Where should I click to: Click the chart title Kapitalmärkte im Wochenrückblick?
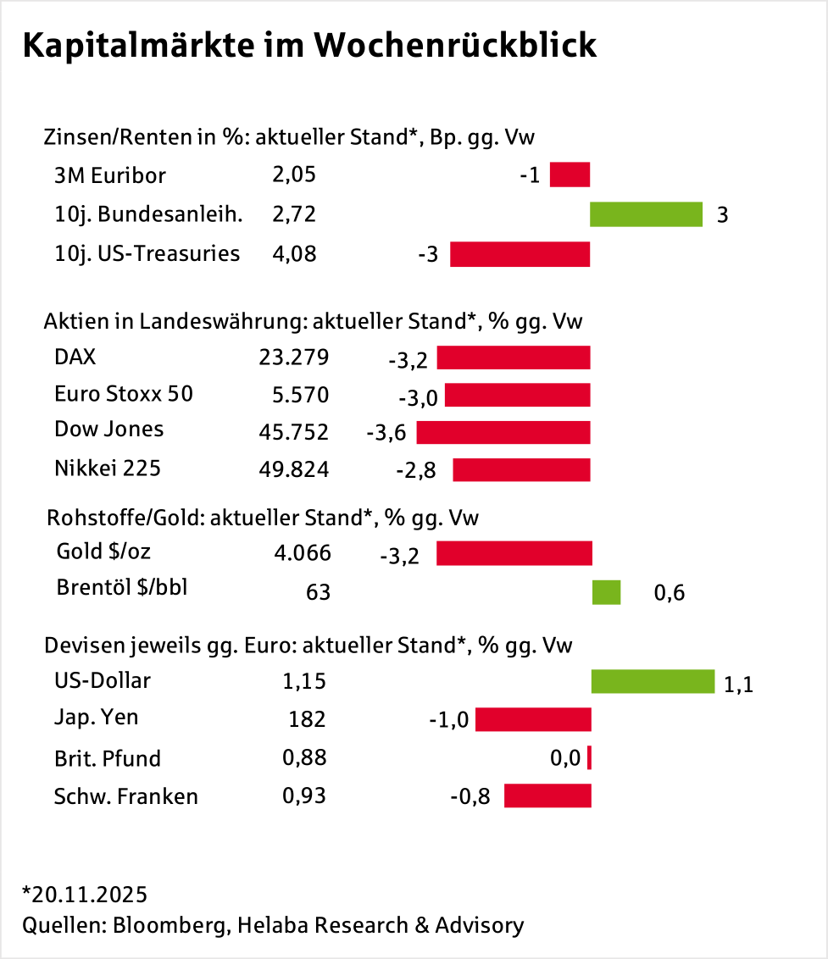click(309, 47)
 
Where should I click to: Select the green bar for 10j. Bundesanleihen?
click(646, 214)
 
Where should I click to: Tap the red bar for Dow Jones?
click(503, 433)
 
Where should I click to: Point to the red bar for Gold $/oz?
click(514, 553)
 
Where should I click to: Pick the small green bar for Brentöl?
click(606, 592)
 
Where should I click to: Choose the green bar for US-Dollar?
click(653, 681)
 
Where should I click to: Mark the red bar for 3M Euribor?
click(570, 175)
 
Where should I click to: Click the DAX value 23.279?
click(293, 358)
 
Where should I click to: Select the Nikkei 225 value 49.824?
click(293, 469)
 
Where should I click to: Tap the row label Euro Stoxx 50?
click(123, 394)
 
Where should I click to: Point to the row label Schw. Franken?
click(125, 796)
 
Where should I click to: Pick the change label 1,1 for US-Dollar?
click(738, 684)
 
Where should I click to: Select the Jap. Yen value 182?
click(307, 719)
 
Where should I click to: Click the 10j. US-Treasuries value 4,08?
click(294, 253)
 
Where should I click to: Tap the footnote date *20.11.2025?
click(85, 895)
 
